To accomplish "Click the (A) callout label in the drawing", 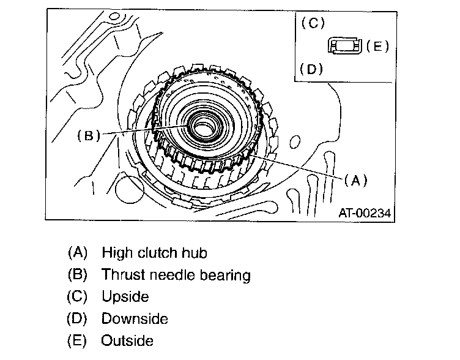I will point(355,179).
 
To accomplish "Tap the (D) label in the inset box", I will point(313,69).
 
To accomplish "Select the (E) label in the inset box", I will point(377,47).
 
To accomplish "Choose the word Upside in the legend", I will point(125,298).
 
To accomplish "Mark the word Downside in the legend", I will point(135,318).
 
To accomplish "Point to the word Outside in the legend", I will point(127,340).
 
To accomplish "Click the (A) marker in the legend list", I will point(78,252).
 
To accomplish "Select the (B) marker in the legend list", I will point(78,275).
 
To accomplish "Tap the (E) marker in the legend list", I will point(78,340).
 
